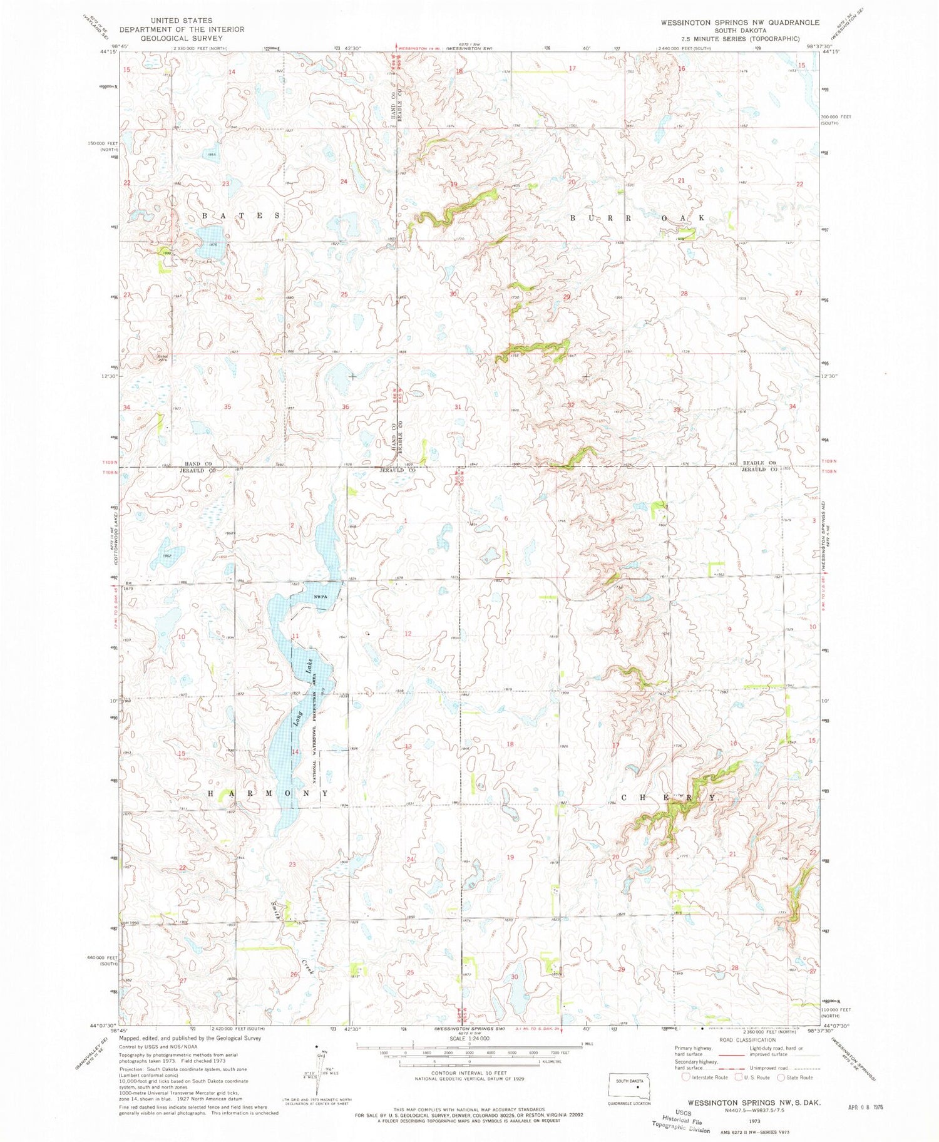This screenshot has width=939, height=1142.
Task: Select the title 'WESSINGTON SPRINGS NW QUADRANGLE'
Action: (x=739, y=23)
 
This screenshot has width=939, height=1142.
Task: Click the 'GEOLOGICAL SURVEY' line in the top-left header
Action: (x=182, y=38)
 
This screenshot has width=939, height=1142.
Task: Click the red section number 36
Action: (x=346, y=408)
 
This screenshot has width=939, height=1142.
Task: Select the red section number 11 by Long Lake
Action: (x=295, y=636)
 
